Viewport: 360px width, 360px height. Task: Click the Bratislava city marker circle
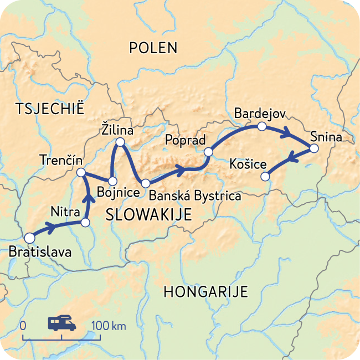29,236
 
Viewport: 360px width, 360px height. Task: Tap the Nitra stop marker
85,223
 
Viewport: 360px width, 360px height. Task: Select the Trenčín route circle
80,173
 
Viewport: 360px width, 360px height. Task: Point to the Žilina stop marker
119,143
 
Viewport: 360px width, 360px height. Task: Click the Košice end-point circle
265,177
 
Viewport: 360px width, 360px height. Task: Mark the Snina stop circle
313,148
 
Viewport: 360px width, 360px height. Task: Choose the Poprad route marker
208,152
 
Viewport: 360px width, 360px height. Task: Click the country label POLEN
153,48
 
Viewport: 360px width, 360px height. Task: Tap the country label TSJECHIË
50,109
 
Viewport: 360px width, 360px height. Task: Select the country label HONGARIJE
205,292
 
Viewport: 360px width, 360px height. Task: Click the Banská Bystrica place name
195,196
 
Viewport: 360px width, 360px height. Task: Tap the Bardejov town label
259,113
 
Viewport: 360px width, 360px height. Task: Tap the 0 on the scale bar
23,326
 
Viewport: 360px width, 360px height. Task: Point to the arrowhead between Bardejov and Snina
287,133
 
